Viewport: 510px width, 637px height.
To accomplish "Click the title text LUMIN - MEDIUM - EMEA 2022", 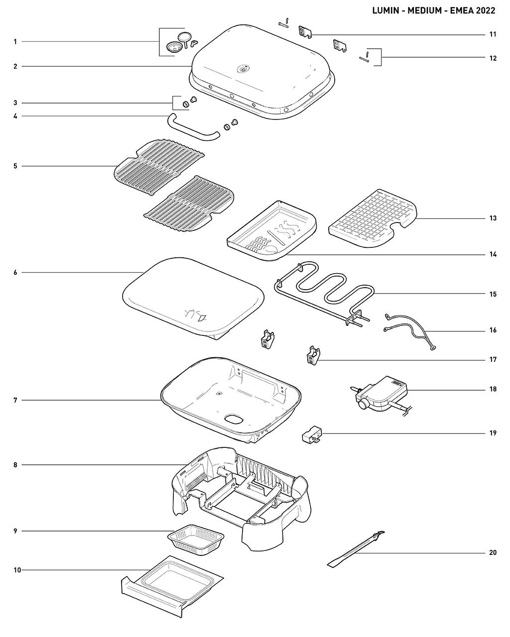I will [433, 10].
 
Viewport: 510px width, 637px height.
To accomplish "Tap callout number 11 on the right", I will [493, 34].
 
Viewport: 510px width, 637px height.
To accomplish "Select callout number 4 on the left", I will [15, 116].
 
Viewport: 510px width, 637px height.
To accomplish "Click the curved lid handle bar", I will [192, 128].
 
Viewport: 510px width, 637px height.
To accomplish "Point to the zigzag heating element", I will [324, 289].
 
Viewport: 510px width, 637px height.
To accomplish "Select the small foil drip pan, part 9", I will [195, 539].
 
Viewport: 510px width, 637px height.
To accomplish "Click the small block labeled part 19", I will [311, 436].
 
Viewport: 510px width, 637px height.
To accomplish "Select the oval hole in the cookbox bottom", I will [234, 420].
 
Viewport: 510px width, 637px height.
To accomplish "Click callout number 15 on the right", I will [493, 294].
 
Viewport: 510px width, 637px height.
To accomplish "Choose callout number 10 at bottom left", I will [17, 570].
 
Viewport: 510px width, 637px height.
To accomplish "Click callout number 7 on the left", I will [15, 400].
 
